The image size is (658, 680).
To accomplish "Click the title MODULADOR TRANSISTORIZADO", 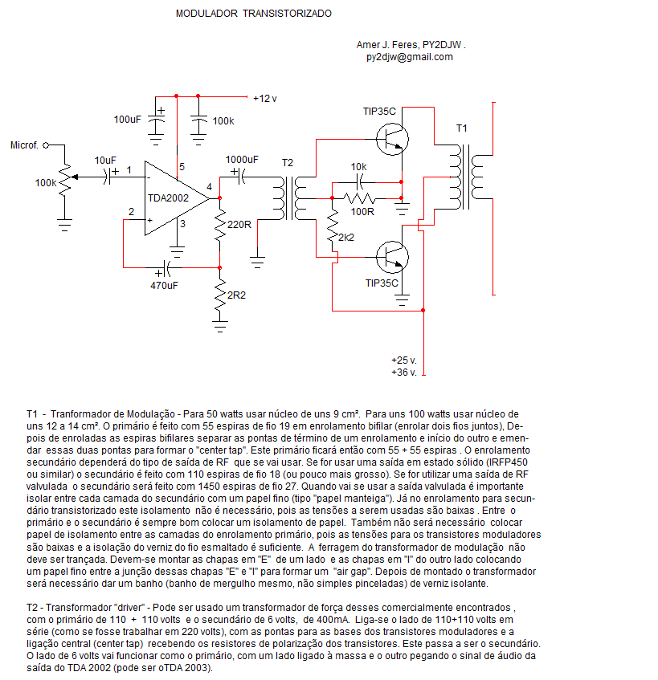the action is (253, 14).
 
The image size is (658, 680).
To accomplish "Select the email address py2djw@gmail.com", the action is (409, 57).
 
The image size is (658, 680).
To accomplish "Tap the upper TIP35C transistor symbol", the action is (392, 139).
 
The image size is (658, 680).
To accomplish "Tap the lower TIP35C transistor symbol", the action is (392, 257).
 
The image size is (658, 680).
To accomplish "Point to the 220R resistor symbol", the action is (220, 225).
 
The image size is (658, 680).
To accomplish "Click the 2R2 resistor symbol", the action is (220, 295).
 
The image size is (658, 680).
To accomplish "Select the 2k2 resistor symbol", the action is (333, 226).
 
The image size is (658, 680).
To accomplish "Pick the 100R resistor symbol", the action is (359, 198).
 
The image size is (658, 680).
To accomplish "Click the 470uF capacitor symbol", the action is (164, 269).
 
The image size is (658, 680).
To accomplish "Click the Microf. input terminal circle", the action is (46, 145).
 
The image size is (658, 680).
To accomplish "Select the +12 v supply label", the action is (265, 99).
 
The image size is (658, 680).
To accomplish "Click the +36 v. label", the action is (404, 373).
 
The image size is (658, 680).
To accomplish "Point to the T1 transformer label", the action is (461, 128).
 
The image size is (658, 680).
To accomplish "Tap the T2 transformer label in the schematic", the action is (288, 163).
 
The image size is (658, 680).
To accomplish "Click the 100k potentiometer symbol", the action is (66, 180).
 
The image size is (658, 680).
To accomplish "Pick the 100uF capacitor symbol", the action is (156, 120).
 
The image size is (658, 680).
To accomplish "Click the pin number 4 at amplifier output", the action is (209, 187).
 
